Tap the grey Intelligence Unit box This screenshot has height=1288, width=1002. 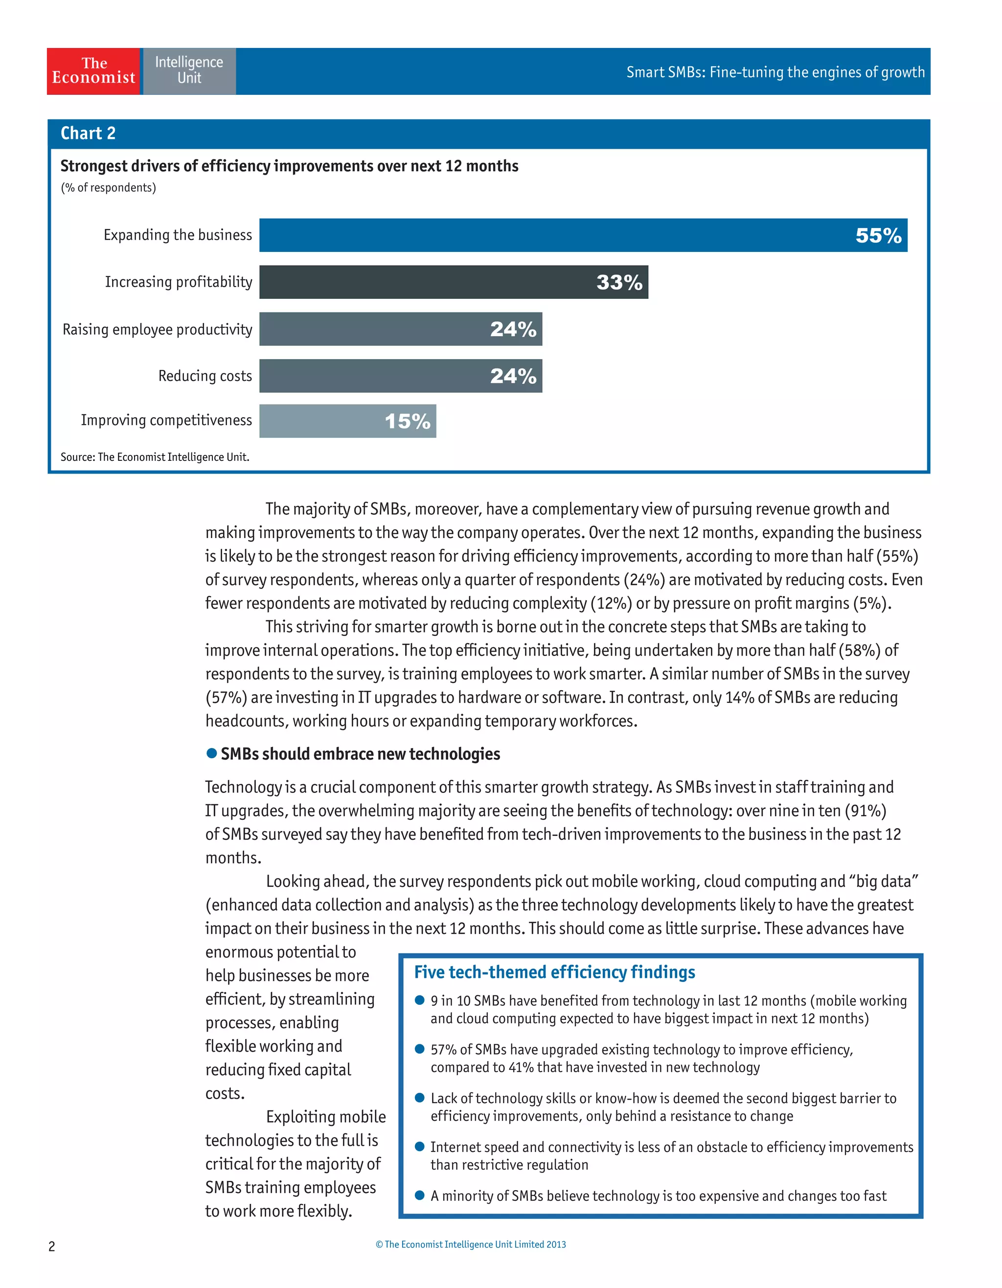[189, 71]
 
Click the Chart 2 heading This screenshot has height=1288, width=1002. [88, 133]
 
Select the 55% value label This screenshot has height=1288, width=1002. [878, 236]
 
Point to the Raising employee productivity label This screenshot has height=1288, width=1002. [158, 329]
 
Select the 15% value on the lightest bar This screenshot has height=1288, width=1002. [407, 422]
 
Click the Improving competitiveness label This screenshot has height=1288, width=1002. [166, 420]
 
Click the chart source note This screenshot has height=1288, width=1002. [155, 457]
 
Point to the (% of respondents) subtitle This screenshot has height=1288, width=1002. [109, 187]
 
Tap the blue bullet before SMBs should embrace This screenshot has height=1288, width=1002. [212, 753]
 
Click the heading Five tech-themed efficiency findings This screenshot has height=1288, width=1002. [554, 972]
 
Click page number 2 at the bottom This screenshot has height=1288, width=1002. [52, 1246]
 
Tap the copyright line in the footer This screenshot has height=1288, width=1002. [471, 1244]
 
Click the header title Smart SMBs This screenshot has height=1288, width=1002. [775, 72]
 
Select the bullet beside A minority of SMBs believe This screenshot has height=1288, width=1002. [420, 1196]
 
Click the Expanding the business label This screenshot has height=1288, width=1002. [178, 235]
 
